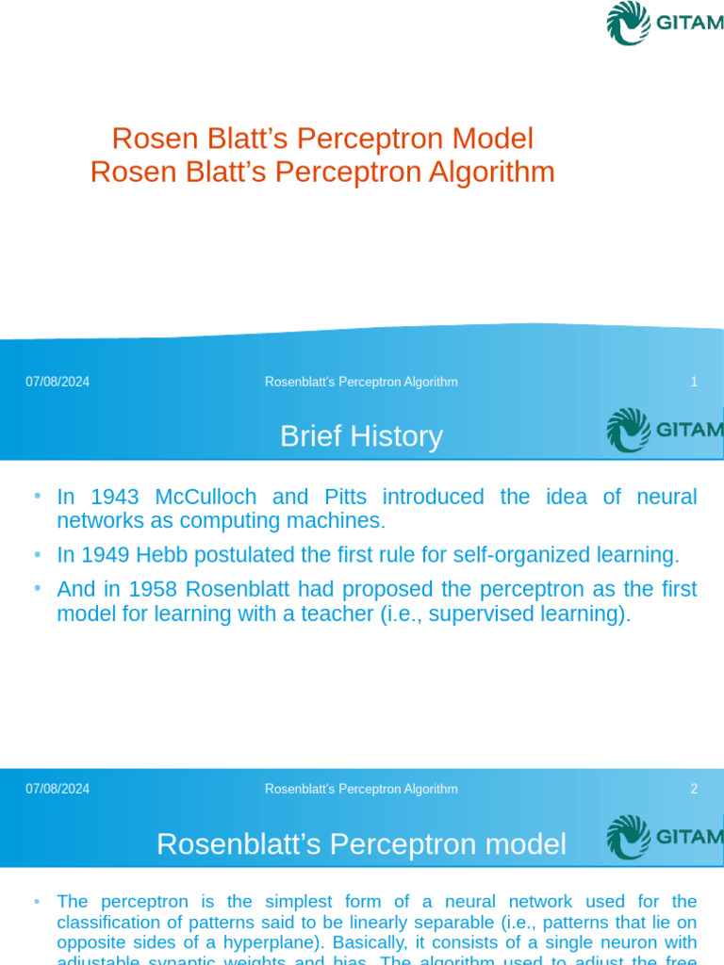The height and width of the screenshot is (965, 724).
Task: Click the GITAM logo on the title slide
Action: [x=665, y=24]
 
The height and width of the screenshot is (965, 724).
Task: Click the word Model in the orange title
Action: [x=492, y=139]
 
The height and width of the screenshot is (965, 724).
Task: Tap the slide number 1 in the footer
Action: [x=694, y=382]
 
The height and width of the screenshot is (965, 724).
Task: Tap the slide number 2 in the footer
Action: [x=694, y=789]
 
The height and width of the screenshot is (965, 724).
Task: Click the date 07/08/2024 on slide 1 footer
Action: [x=58, y=382]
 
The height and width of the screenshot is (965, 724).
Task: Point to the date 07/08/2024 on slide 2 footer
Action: [x=58, y=789]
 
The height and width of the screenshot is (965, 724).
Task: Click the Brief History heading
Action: [x=361, y=436]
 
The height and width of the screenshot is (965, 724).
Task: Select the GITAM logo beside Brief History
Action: [x=665, y=431]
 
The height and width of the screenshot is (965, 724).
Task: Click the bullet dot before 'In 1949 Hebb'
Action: [x=37, y=554]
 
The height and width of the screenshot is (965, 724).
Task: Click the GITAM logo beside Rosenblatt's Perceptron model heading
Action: [x=665, y=838]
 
